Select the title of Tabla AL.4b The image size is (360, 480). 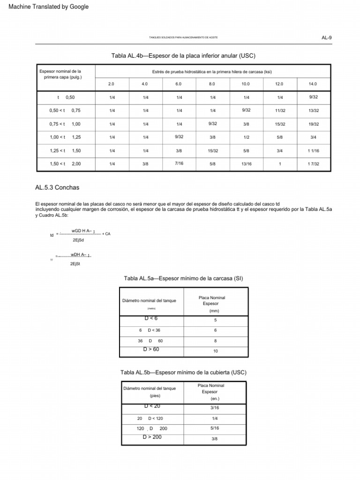(x=184, y=55)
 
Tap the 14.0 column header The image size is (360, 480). (x=313, y=83)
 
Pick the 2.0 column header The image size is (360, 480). (x=111, y=83)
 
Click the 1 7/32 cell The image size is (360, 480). (x=313, y=164)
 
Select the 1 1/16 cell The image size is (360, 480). (x=313, y=150)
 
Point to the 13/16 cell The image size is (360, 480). (x=246, y=164)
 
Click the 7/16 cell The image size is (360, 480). (x=179, y=163)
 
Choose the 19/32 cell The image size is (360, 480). (x=313, y=124)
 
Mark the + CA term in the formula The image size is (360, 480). (x=106, y=233)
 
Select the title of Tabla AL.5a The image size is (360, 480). (x=183, y=278)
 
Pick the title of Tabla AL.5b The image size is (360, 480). (x=183, y=372)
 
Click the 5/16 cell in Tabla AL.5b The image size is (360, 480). (x=215, y=428)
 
